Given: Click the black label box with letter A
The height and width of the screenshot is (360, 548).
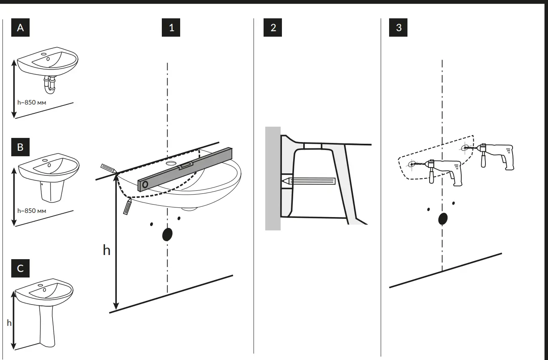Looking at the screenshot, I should click(20, 28).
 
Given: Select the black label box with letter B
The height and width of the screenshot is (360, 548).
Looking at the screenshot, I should click(20, 147).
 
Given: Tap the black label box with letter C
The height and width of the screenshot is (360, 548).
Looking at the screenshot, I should click(20, 268).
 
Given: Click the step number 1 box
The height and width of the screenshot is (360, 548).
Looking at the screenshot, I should click(171, 28).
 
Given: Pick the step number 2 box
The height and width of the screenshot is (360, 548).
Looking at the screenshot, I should click(273, 28).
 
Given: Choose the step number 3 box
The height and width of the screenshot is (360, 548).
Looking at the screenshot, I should click(399, 28).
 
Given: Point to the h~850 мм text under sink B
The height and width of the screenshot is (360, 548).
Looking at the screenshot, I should click(32, 210).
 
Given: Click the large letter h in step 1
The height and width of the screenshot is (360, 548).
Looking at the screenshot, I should click(107, 250).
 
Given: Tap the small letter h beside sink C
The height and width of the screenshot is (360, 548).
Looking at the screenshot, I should click(9, 322).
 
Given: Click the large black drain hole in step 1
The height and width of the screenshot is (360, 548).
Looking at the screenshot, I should click(167, 235).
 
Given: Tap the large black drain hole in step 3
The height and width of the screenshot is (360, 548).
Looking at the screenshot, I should click(442, 219).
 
